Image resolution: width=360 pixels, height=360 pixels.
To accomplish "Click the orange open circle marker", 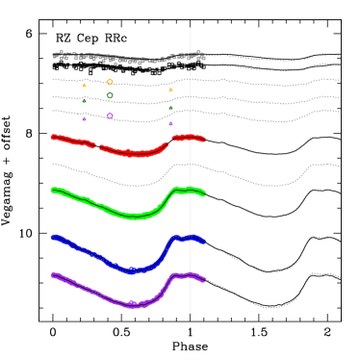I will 110,82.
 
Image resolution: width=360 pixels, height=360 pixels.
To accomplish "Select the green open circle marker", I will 110,95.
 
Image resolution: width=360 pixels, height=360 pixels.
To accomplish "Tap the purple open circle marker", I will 110,116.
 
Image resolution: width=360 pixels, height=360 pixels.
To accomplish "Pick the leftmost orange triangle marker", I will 84,86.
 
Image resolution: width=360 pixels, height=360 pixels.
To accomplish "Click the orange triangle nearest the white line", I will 170,90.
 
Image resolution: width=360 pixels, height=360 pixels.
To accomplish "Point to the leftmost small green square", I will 84,100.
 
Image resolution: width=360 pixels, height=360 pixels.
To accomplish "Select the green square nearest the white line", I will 170,108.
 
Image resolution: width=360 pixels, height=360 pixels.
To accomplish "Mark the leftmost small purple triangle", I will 84,118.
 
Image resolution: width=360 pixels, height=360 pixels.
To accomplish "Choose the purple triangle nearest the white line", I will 170,123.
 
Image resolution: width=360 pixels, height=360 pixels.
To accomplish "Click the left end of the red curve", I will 53,137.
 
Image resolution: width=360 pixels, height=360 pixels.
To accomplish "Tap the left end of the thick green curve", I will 53,190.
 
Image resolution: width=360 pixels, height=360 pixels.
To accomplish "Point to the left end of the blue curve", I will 53,237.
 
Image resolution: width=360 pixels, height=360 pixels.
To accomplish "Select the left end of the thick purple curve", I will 53,274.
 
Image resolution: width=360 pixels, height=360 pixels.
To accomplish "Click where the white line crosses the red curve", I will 190,137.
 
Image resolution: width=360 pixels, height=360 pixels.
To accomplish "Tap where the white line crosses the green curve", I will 190,190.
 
